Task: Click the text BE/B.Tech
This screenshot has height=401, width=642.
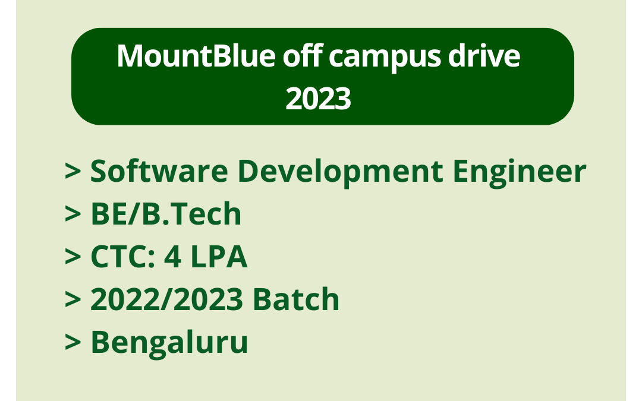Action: tap(166, 214)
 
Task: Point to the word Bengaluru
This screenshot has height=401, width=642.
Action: tap(169, 343)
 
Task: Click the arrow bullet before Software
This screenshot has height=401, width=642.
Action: tap(73, 172)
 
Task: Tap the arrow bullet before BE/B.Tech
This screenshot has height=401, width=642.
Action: tap(73, 215)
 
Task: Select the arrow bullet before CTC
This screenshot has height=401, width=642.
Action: tap(73, 258)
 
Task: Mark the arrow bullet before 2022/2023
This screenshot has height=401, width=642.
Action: tap(73, 301)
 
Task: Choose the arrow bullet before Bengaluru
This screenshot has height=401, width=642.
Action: tap(73, 343)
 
